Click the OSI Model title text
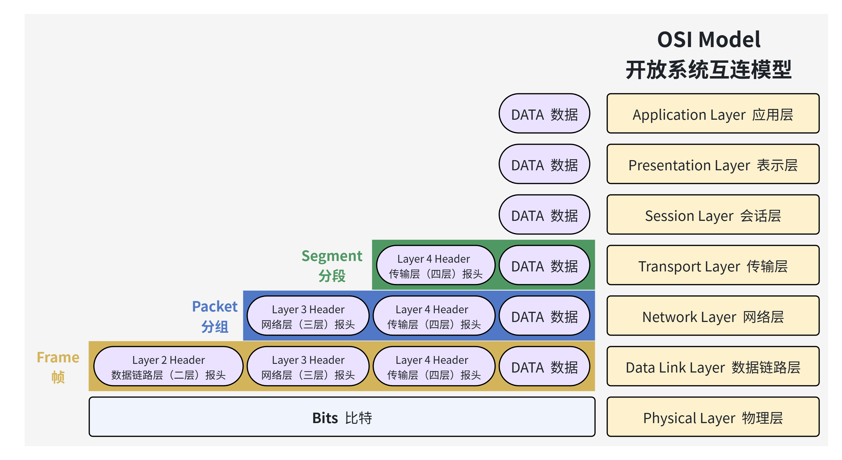tap(709, 40)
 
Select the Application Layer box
tap(713, 114)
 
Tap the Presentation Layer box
tap(713, 164)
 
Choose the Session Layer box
tap(713, 215)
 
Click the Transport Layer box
tap(713, 265)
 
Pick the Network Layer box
tap(713, 316)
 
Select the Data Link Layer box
tap(713, 366)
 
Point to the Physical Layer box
tap(713, 417)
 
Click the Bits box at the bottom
tap(342, 417)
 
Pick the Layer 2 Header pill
tap(168, 366)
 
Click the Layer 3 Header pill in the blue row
tap(308, 316)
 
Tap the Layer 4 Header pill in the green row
tap(436, 265)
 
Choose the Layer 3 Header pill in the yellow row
tap(308, 366)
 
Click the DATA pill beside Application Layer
tap(544, 114)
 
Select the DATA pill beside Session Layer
tap(544, 215)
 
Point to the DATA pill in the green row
tap(544, 265)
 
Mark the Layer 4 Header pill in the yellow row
tap(434, 366)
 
